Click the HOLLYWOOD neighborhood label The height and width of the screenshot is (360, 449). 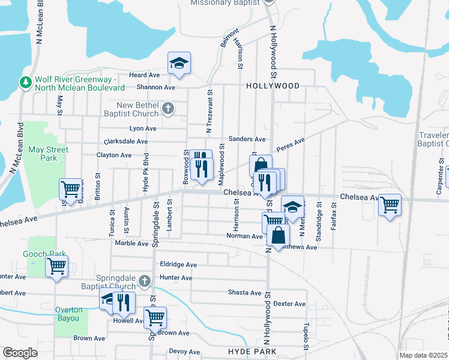pyautogui.click(x=273, y=86)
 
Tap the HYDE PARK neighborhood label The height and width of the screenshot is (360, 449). pyautogui.click(x=252, y=351)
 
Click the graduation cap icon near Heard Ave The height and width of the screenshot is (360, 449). pyautogui.click(x=179, y=64)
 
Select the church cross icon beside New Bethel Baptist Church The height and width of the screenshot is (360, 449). pyautogui.click(x=168, y=109)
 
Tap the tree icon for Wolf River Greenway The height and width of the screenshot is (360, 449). pyautogui.click(x=26, y=82)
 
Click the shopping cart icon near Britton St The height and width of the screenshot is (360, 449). pyautogui.click(x=70, y=188)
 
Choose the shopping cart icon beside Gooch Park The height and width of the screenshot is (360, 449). pyautogui.click(x=56, y=265)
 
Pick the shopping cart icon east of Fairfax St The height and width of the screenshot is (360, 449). pyautogui.click(x=390, y=205)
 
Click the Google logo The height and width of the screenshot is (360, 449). pyautogui.click(x=20, y=352)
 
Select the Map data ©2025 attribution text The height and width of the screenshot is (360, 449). pyautogui.click(x=423, y=355)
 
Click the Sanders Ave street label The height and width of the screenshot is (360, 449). pyautogui.click(x=251, y=139)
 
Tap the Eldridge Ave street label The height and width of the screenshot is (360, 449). pyautogui.click(x=178, y=265)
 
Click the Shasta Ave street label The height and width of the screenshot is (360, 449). pyautogui.click(x=244, y=293)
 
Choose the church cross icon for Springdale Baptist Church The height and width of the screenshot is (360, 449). pyautogui.click(x=144, y=281)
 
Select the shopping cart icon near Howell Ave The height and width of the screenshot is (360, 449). pyautogui.click(x=155, y=316)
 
